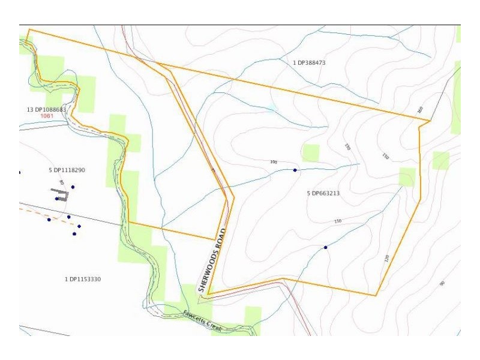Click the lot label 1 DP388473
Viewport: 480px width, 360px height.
(309, 63)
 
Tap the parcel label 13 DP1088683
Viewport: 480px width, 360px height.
(46, 109)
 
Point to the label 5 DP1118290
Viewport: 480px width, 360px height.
(67, 170)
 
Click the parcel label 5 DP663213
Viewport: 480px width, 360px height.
(323, 194)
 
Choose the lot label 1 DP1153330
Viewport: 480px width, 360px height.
(82, 280)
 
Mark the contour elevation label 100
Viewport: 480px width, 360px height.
(274, 162)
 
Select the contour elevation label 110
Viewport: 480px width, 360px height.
(337, 222)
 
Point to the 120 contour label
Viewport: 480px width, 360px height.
(386, 259)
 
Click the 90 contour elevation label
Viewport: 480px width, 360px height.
(442, 283)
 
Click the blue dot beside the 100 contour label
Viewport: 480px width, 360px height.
(295, 170)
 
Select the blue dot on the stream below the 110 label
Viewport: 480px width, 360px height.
(325, 247)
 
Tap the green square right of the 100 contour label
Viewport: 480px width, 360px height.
(311, 153)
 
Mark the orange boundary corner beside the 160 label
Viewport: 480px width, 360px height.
(430, 121)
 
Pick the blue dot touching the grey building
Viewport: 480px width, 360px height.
(57, 199)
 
